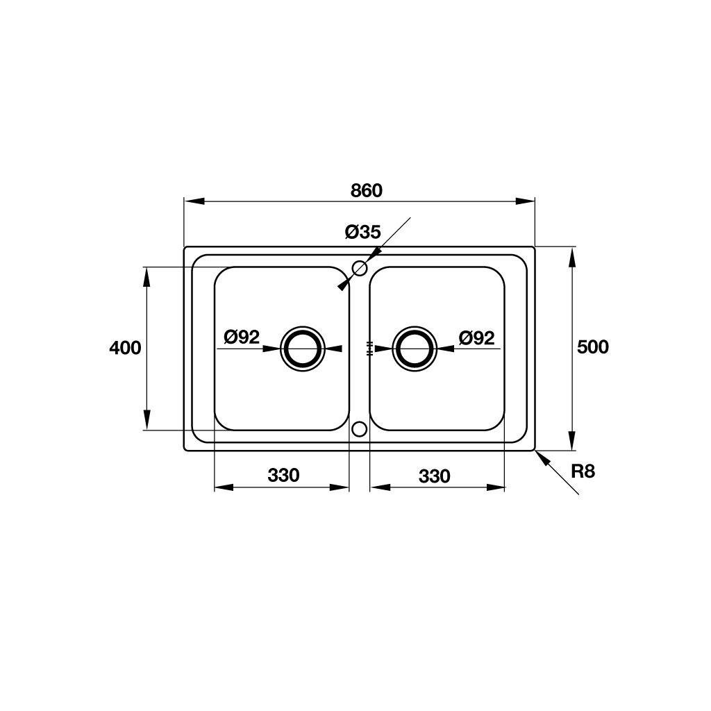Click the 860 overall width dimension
[367, 191]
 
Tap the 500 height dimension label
[593, 347]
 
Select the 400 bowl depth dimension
[125, 348]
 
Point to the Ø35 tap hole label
[362, 232]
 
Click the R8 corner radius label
[583, 471]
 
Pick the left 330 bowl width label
[283, 475]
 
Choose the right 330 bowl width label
[435, 476]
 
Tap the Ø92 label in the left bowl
[242, 337]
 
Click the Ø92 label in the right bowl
[476, 338]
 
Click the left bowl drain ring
[303, 326]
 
